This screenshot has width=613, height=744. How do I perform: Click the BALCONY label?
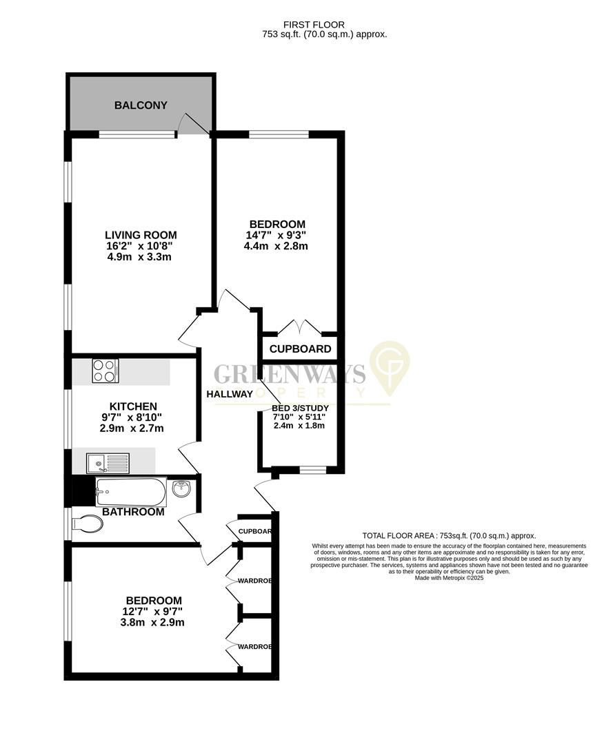click(x=141, y=105)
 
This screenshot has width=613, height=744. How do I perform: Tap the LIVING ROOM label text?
click(x=141, y=234)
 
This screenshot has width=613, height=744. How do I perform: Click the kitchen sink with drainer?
click(x=108, y=462)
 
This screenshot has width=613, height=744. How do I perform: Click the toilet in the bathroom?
click(x=87, y=524)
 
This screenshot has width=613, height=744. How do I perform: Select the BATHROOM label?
click(x=133, y=512)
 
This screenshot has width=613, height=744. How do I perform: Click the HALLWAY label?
click(x=230, y=394)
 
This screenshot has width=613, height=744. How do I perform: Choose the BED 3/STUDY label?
click(x=299, y=408)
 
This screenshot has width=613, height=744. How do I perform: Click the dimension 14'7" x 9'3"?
click(x=277, y=235)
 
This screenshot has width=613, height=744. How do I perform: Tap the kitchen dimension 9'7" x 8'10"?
click(x=132, y=417)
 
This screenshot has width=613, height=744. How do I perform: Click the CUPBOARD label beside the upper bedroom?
click(x=300, y=349)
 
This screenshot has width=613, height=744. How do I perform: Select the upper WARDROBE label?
click(x=254, y=581)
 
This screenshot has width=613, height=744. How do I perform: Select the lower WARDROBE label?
click(x=254, y=647)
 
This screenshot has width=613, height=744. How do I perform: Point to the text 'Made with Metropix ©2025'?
click(x=449, y=578)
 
